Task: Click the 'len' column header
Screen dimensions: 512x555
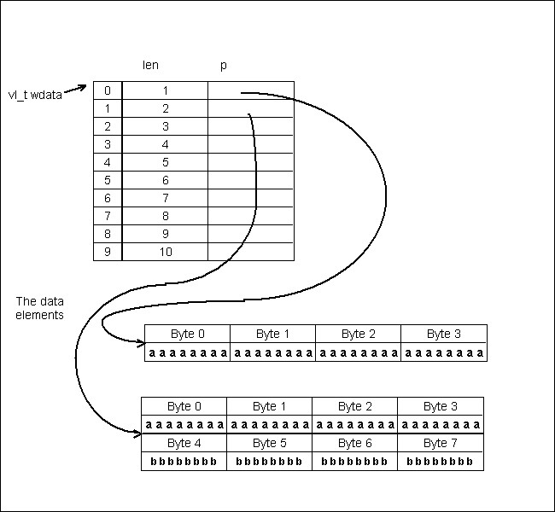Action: coord(150,65)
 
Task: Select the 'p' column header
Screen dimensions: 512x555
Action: coord(223,65)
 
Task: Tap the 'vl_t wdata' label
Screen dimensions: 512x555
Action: coord(35,95)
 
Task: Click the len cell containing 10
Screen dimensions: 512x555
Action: coord(165,252)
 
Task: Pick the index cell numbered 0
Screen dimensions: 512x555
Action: coord(108,90)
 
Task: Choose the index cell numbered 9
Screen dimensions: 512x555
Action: coord(108,252)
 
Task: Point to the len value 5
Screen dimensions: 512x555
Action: coord(165,162)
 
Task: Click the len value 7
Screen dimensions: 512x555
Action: coord(165,198)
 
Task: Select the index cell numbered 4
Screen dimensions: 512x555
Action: coord(108,162)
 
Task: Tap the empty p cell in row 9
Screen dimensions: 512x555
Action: coord(250,252)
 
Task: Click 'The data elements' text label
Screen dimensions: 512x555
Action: coord(40,308)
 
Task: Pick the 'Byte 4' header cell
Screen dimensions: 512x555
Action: coord(184,443)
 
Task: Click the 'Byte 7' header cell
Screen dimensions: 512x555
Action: coord(440,443)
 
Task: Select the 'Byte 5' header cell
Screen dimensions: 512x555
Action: coord(269,443)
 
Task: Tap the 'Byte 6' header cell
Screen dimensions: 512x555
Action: coord(354,443)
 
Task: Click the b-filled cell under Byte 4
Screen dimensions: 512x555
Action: coord(184,462)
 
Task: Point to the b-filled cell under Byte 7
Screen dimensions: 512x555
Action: coord(440,462)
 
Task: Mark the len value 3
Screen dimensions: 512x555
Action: coord(165,126)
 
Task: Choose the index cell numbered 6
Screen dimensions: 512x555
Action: coord(108,198)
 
